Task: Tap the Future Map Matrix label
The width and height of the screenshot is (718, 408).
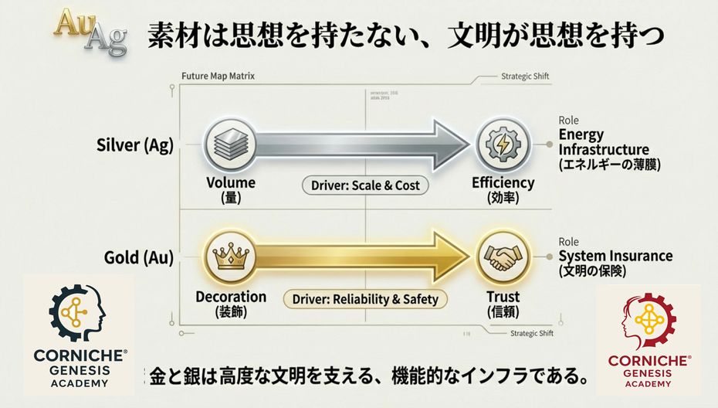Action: coord(217,76)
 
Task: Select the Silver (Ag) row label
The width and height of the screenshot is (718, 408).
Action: coord(135,144)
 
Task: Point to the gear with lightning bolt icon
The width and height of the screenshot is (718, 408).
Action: coord(503,144)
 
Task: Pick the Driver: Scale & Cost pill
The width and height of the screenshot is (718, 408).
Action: coord(364,186)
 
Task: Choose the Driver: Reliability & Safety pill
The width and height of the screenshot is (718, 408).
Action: coord(364,299)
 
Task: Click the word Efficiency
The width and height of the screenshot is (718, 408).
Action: coord(503,183)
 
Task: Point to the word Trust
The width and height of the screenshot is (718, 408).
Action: coord(502,296)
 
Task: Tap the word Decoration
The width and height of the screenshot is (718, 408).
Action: coord(231,297)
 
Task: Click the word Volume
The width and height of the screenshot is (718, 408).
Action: coord(231,183)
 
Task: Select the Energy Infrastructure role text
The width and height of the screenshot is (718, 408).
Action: coord(604,143)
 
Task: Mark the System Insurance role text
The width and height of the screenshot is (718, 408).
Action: coord(615,256)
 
